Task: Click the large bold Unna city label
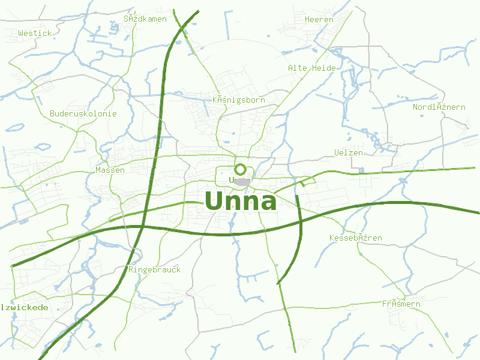(241, 201)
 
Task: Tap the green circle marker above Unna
(240, 169)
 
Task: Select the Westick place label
(35, 34)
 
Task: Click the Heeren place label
(319, 20)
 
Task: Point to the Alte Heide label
(312, 68)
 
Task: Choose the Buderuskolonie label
(83, 114)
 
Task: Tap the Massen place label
(110, 170)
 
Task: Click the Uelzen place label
(349, 153)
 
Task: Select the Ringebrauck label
(155, 270)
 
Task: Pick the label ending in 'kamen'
(145, 19)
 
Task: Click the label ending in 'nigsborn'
(239, 100)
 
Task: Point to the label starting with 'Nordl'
(439, 107)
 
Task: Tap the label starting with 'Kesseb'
(356, 238)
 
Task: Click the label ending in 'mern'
(401, 304)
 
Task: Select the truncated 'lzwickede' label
(25, 308)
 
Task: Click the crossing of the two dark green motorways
(142, 227)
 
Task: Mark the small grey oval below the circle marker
(242, 181)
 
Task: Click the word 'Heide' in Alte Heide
(323, 68)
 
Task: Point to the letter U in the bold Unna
(216, 201)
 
